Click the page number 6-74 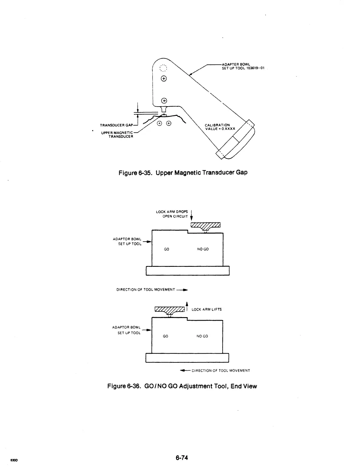point(182,457)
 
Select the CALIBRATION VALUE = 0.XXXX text point(220,127)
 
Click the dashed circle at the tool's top point(163,68)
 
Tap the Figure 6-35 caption point(183,172)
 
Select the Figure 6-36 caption point(182,386)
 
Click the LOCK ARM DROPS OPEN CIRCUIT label point(172,214)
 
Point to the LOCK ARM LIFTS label point(206,309)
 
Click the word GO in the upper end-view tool point(166,249)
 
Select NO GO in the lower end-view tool point(202,336)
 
